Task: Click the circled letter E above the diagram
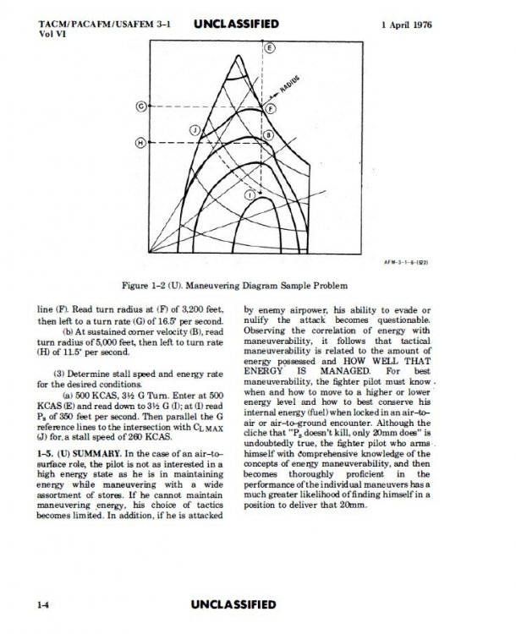click(x=270, y=49)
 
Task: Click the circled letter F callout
click(x=271, y=110)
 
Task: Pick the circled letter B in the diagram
click(x=267, y=135)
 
